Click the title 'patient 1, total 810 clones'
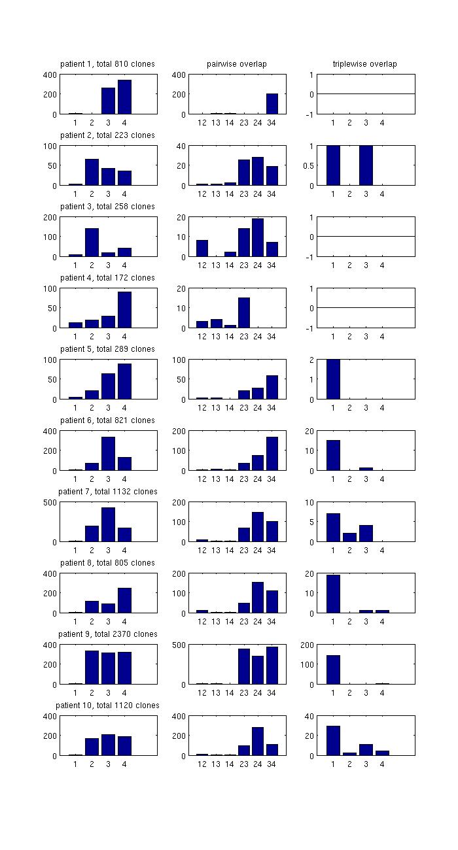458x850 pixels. click(107, 64)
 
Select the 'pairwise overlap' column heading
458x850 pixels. click(236, 64)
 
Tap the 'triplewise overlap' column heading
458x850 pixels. click(364, 64)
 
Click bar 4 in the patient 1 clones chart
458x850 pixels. click(124, 97)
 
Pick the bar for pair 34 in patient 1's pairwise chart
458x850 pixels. click(272, 104)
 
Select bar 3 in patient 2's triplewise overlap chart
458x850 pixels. click(366, 165)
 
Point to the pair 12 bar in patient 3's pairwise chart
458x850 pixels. click(202, 248)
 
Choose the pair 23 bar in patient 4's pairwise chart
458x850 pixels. click(244, 313)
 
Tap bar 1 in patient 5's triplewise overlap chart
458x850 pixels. click(333, 379)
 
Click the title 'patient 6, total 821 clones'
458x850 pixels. click(107, 420)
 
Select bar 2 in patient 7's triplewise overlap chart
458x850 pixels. click(349, 537)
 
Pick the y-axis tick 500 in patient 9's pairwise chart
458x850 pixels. click(179, 645)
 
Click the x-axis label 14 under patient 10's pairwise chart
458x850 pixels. click(230, 764)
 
